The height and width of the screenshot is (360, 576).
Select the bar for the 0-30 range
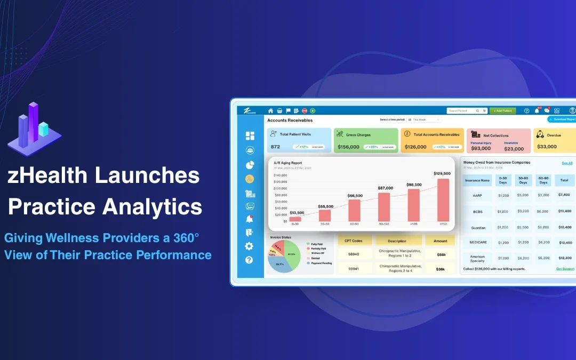[x=295, y=219]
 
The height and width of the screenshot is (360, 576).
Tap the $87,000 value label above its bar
[x=385, y=188]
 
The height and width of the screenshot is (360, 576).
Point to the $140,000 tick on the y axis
[x=280, y=175]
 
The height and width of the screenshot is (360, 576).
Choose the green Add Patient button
[x=502, y=111]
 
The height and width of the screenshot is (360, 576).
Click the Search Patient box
[x=463, y=111]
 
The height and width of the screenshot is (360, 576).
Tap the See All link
[x=567, y=163]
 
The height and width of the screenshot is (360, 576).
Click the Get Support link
[x=565, y=269]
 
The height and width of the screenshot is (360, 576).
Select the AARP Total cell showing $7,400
[x=564, y=195]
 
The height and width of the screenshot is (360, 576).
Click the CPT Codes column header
[x=353, y=241]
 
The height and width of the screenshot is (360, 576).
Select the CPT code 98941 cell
[x=353, y=269]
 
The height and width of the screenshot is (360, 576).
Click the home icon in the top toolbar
[x=270, y=111]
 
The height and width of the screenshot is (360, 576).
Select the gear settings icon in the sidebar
[x=249, y=246]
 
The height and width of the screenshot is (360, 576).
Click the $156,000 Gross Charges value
[x=349, y=147]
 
